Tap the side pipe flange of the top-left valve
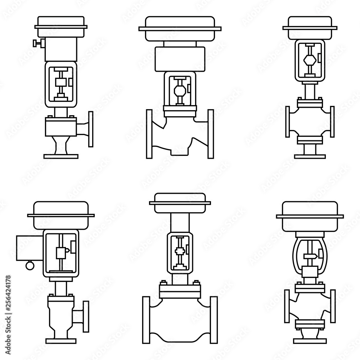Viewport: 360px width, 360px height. (91, 129)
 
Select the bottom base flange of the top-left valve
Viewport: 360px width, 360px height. (60, 156)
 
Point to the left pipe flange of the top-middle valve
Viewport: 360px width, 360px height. (149, 134)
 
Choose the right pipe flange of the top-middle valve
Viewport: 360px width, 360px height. (211, 134)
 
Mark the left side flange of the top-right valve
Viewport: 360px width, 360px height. (288, 122)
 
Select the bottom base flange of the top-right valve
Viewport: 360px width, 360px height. (310, 156)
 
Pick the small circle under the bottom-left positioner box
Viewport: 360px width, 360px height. (29, 266)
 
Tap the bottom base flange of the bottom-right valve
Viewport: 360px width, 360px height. (310, 341)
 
